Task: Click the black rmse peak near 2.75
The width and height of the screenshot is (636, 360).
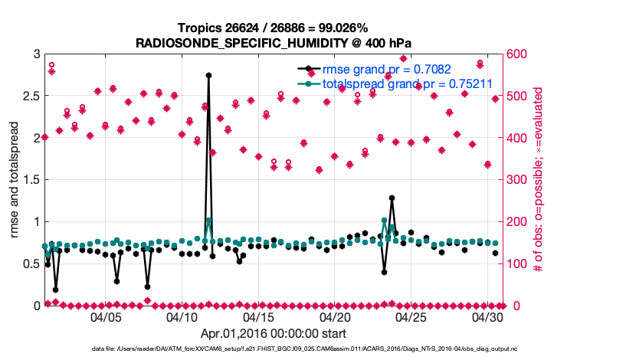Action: click(x=208, y=75)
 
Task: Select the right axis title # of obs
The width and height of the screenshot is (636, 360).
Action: click(x=539, y=180)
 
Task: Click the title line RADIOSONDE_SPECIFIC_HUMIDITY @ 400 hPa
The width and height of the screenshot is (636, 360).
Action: click(x=274, y=43)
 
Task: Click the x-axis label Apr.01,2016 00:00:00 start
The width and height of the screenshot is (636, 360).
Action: click(x=274, y=333)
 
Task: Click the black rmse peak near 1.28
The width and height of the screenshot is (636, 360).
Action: click(x=392, y=198)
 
